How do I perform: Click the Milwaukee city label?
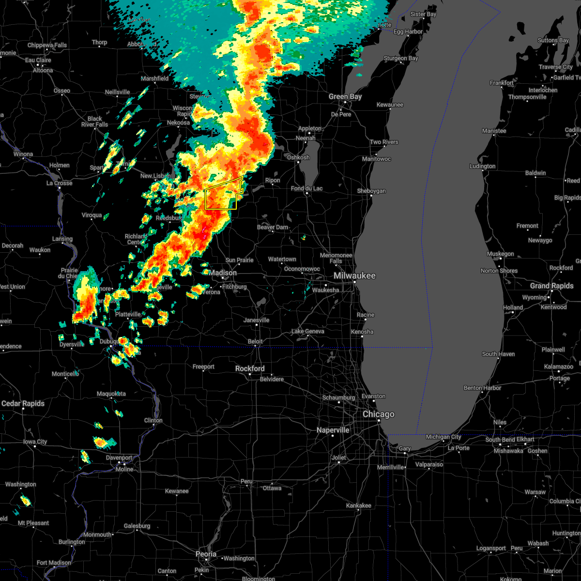click(354, 275)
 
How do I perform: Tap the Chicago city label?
click(379, 414)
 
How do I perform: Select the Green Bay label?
click(345, 97)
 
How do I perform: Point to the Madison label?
click(223, 273)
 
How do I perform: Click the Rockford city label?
click(250, 369)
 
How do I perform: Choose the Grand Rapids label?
click(551, 286)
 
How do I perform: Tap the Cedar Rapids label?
click(23, 404)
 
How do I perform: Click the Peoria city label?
click(206, 554)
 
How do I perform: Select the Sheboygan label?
click(371, 191)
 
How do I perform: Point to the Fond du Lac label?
click(306, 189)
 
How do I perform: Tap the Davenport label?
click(119, 458)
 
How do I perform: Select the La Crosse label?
click(59, 183)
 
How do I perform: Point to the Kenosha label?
click(362, 332)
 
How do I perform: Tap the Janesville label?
click(256, 321)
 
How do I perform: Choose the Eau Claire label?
click(38, 61)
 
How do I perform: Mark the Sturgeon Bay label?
click(401, 59)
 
